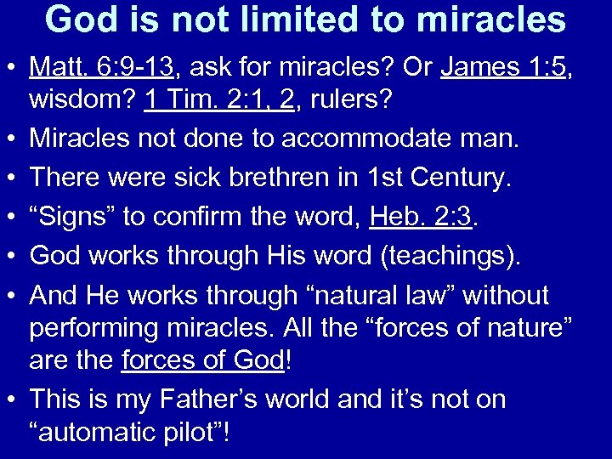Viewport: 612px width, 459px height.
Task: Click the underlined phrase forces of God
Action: point(204,360)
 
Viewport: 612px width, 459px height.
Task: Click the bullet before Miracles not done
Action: point(14,140)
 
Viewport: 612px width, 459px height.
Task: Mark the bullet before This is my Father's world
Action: point(14,400)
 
